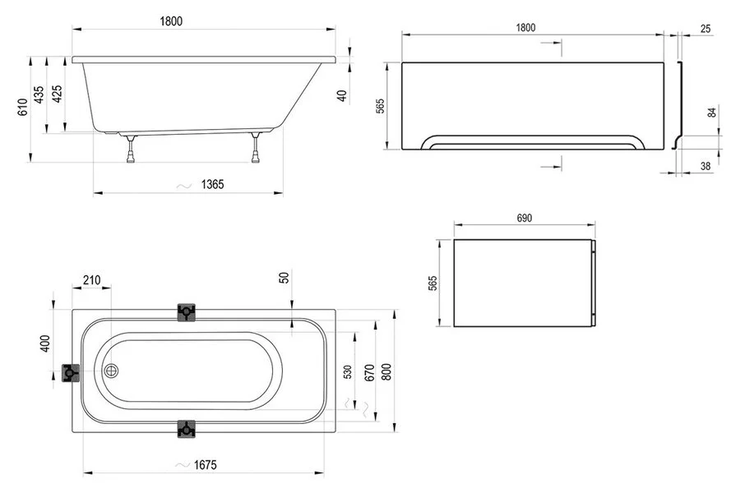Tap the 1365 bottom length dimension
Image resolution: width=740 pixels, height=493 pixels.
click(x=211, y=184)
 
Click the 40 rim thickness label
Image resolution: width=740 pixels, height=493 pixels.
click(x=342, y=95)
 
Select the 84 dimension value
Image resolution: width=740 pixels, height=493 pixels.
click(x=712, y=113)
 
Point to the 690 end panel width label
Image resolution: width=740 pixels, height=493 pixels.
click(x=525, y=218)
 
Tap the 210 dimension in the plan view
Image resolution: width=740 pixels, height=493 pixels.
click(x=91, y=280)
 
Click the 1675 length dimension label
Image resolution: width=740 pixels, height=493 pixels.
click(x=206, y=465)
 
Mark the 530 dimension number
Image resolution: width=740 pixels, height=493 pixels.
click(x=348, y=371)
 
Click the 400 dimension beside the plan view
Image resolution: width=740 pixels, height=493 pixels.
click(x=46, y=343)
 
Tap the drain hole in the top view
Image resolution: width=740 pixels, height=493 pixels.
click(x=111, y=370)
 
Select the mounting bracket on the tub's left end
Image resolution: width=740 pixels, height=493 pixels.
click(x=72, y=373)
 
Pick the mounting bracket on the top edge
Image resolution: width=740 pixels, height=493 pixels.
click(x=187, y=311)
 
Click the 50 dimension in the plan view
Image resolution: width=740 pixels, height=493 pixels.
click(x=284, y=278)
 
